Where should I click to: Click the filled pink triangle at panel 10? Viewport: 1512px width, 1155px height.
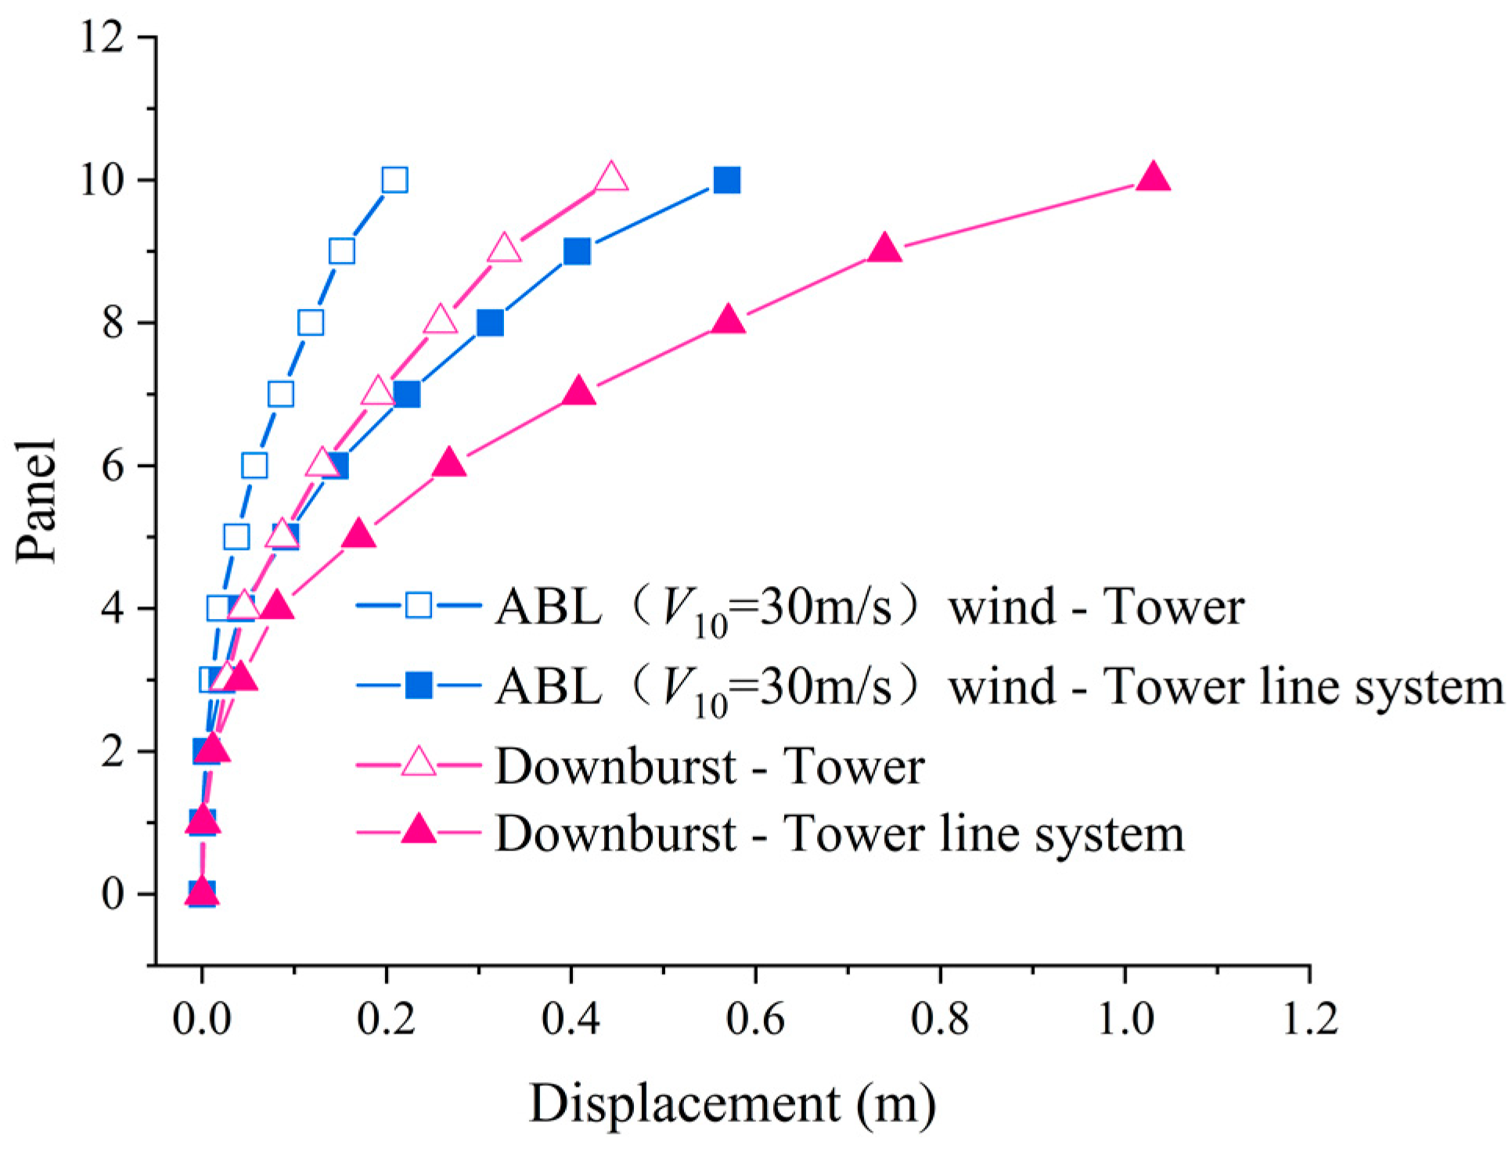[1153, 178]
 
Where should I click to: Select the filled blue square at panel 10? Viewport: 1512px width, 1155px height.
[727, 180]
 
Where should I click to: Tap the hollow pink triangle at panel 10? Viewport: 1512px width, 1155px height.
[611, 178]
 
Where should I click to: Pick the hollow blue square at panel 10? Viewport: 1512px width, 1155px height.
[394, 180]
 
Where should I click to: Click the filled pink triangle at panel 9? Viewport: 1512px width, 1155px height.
[885, 250]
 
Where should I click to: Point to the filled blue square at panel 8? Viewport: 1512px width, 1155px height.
[490, 322]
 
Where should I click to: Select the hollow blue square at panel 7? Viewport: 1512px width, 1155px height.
[281, 394]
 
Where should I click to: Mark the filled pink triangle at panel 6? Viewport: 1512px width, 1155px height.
[449, 464]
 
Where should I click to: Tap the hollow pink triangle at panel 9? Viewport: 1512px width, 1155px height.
[505, 250]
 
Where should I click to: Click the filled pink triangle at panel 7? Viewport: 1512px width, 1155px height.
[579, 391]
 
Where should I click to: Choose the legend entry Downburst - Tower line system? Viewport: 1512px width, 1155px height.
[839, 833]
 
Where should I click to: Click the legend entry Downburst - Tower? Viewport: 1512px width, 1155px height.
[709, 765]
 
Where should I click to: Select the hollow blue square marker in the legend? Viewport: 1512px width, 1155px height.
[419, 605]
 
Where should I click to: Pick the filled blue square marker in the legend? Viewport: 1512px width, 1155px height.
[419, 685]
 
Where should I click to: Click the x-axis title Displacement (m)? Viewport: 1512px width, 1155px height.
[733, 1103]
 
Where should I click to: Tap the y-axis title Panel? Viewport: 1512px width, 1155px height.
[37, 501]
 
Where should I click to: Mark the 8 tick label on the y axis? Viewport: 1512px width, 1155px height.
[113, 322]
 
